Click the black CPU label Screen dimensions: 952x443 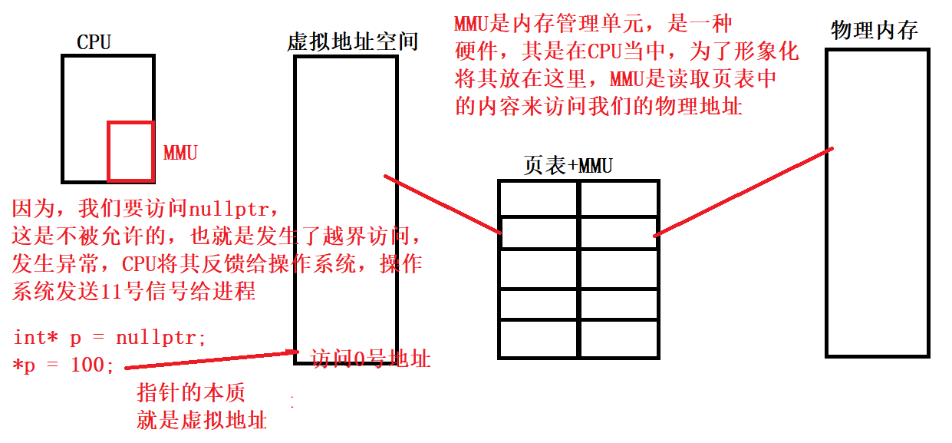tap(94, 42)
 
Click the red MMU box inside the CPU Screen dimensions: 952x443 tap(130, 151)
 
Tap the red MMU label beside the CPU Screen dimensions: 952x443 tap(180, 153)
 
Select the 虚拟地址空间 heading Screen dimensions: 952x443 tap(352, 41)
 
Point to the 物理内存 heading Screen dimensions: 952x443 tap(875, 31)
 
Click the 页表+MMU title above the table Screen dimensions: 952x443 tap(568, 165)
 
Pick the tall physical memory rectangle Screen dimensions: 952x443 tap(878, 203)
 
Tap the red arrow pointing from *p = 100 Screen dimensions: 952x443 tap(207, 359)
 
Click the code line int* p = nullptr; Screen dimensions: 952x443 tap(110, 337)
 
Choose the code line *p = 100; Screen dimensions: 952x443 tap(64, 365)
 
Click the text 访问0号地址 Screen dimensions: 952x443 tap(371, 359)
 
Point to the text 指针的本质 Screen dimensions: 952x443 tap(191, 393)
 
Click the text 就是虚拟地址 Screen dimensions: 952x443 tap(202, 420)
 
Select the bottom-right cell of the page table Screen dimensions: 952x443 tap(618, 339)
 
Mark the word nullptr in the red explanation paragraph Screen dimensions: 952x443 tap(229, 208)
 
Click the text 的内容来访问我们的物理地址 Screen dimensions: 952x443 tap(598, 106)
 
